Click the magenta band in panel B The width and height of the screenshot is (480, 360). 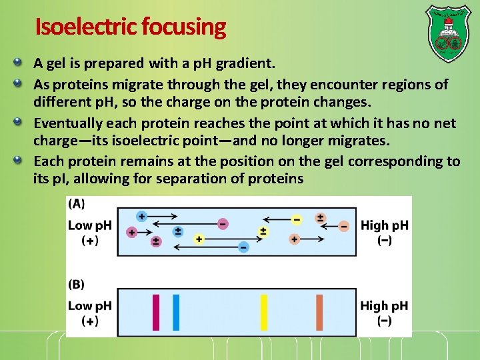(156, 312)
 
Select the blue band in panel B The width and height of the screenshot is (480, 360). (176, 312)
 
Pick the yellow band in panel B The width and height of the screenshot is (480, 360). (264, 312)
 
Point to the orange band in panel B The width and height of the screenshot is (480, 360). (319, 312)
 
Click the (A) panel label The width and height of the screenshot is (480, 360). (77, 203)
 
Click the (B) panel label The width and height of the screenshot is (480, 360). (77, 284)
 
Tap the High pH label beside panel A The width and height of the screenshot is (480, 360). (384, 225)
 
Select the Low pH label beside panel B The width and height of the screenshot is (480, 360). (89, 306)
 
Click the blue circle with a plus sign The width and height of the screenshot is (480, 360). (141, 216)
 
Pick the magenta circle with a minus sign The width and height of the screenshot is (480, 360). (222, 224)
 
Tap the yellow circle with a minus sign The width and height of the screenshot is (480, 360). (297, 219)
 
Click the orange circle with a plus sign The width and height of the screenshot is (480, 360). (295, 239)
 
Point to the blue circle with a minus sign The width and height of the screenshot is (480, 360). (243, 247)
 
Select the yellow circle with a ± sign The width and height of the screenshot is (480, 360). (263, 232)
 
